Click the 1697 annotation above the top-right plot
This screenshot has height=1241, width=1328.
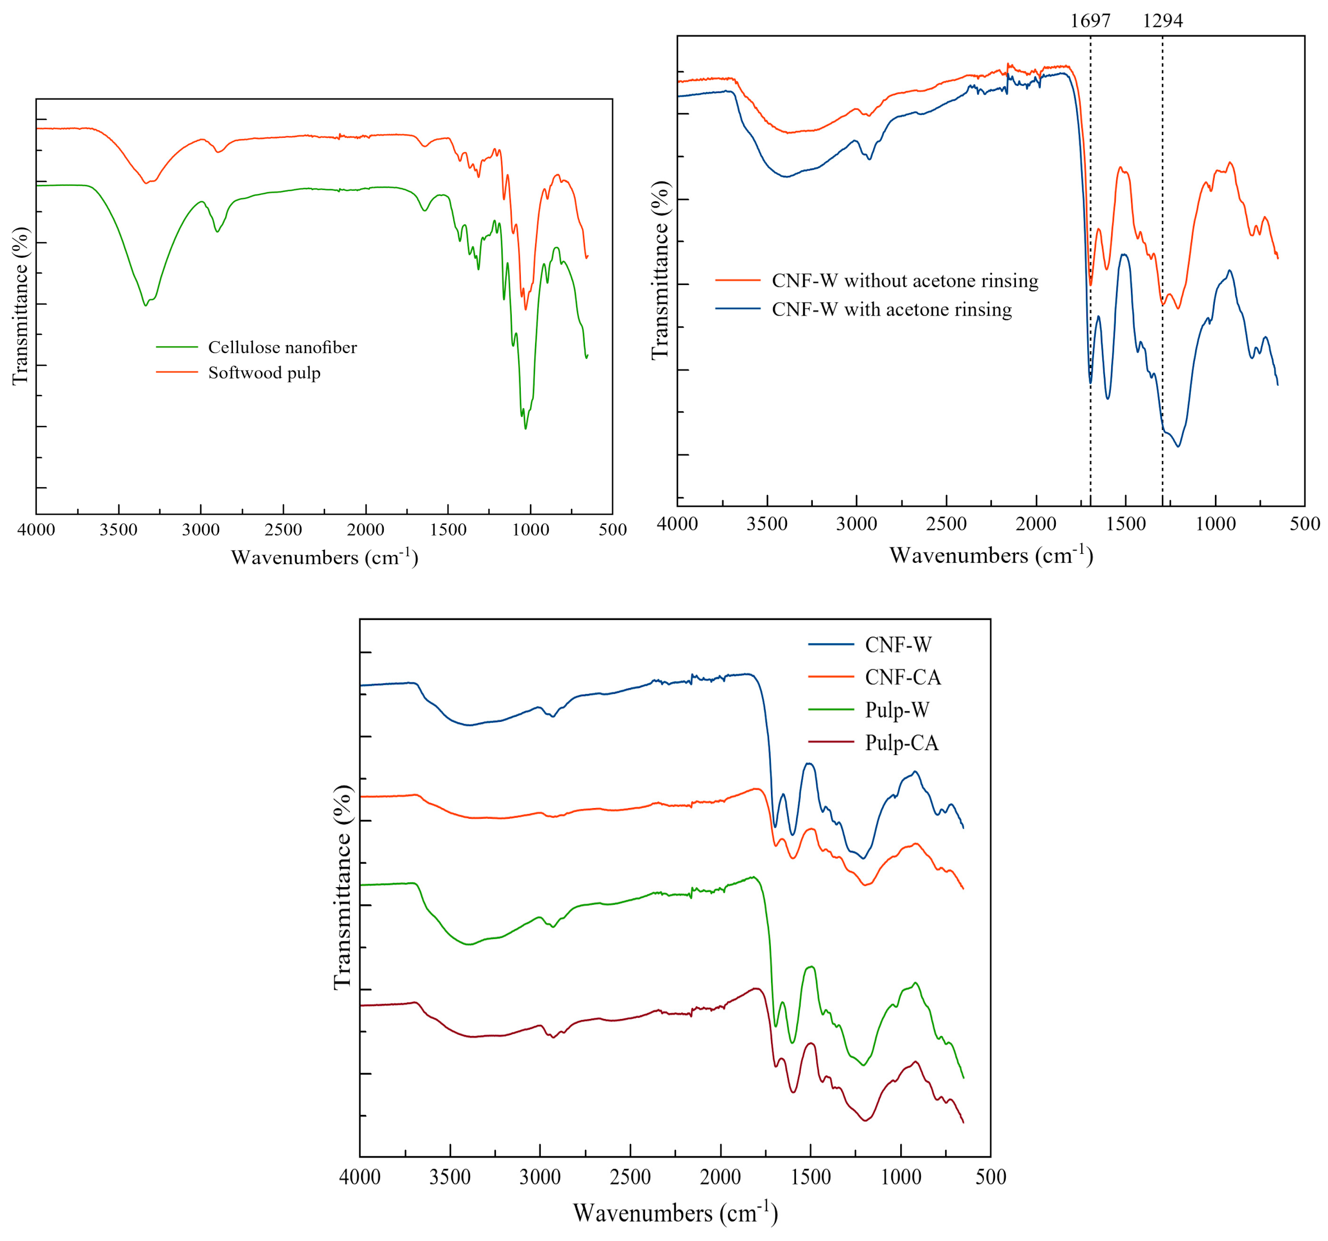1090,21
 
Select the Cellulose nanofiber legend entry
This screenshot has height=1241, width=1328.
282,347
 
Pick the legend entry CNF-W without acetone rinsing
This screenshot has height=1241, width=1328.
905,281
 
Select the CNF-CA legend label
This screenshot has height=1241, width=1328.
902,677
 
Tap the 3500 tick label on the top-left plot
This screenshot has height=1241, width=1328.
118,530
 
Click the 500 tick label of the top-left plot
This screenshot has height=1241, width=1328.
613,530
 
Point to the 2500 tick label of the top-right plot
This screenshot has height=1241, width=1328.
946,524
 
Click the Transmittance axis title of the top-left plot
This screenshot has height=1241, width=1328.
21,306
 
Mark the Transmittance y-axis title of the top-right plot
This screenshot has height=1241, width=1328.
660,270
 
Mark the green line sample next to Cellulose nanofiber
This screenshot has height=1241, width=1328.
177,347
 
